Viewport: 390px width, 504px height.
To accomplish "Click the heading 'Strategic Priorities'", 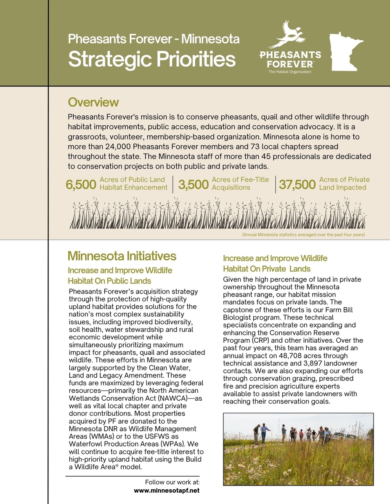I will [x=151, y=59].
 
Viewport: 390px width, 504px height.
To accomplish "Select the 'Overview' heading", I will [x=93, y=102].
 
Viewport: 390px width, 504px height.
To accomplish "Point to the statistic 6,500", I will [x=81, y=185].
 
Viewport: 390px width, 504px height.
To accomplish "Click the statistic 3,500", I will [x=193, y=185].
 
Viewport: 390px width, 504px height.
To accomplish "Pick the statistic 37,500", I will [x=297, y=185].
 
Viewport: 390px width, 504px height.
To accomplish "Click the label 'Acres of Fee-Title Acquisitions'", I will [x=240, y=184].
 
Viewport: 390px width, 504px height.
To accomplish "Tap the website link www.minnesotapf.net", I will [x=167, y=490].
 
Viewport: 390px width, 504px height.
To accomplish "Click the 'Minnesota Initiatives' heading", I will [x=122, y=256].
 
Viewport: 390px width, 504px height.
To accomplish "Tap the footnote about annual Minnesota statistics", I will [x=303, y=234].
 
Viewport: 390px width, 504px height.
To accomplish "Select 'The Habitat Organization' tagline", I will [x=289, y=72].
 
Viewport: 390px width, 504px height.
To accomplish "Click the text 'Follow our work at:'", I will [x=172, y=482].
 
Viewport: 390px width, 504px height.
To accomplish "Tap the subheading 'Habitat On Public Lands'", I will [x=109, y=281].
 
